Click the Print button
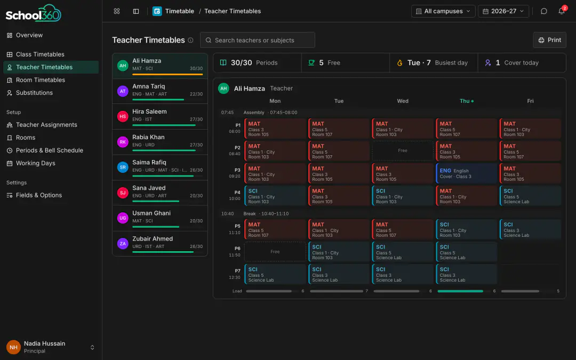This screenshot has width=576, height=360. pos(549,40)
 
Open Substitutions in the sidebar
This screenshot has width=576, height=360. pos(34,93)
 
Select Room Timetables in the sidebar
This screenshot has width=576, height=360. pos(41,79)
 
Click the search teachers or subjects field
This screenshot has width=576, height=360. pos(257,40)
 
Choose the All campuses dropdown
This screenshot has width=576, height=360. pos(443,11)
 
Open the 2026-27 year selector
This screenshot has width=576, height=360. pos(503,11)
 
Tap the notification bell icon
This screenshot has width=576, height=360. pos(561,11)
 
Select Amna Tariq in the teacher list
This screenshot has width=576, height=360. pos(160,91)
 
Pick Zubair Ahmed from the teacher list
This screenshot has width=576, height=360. pos(160,243)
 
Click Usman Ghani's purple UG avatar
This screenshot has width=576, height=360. pos(123,218)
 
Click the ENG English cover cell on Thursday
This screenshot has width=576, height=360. pos(466,173)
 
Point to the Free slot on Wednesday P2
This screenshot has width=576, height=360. pos(403,150)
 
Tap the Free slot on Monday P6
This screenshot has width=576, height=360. pos(275,252)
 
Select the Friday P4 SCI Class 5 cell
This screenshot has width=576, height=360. pos(530,196)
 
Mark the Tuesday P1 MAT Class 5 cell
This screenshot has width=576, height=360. pos(339,129)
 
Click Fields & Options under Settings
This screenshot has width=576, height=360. pos(38,195)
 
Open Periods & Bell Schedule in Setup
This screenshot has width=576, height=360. pos(49,150)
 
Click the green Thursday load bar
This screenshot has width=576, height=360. pos(460,291)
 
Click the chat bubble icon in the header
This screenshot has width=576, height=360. pos(543,11)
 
